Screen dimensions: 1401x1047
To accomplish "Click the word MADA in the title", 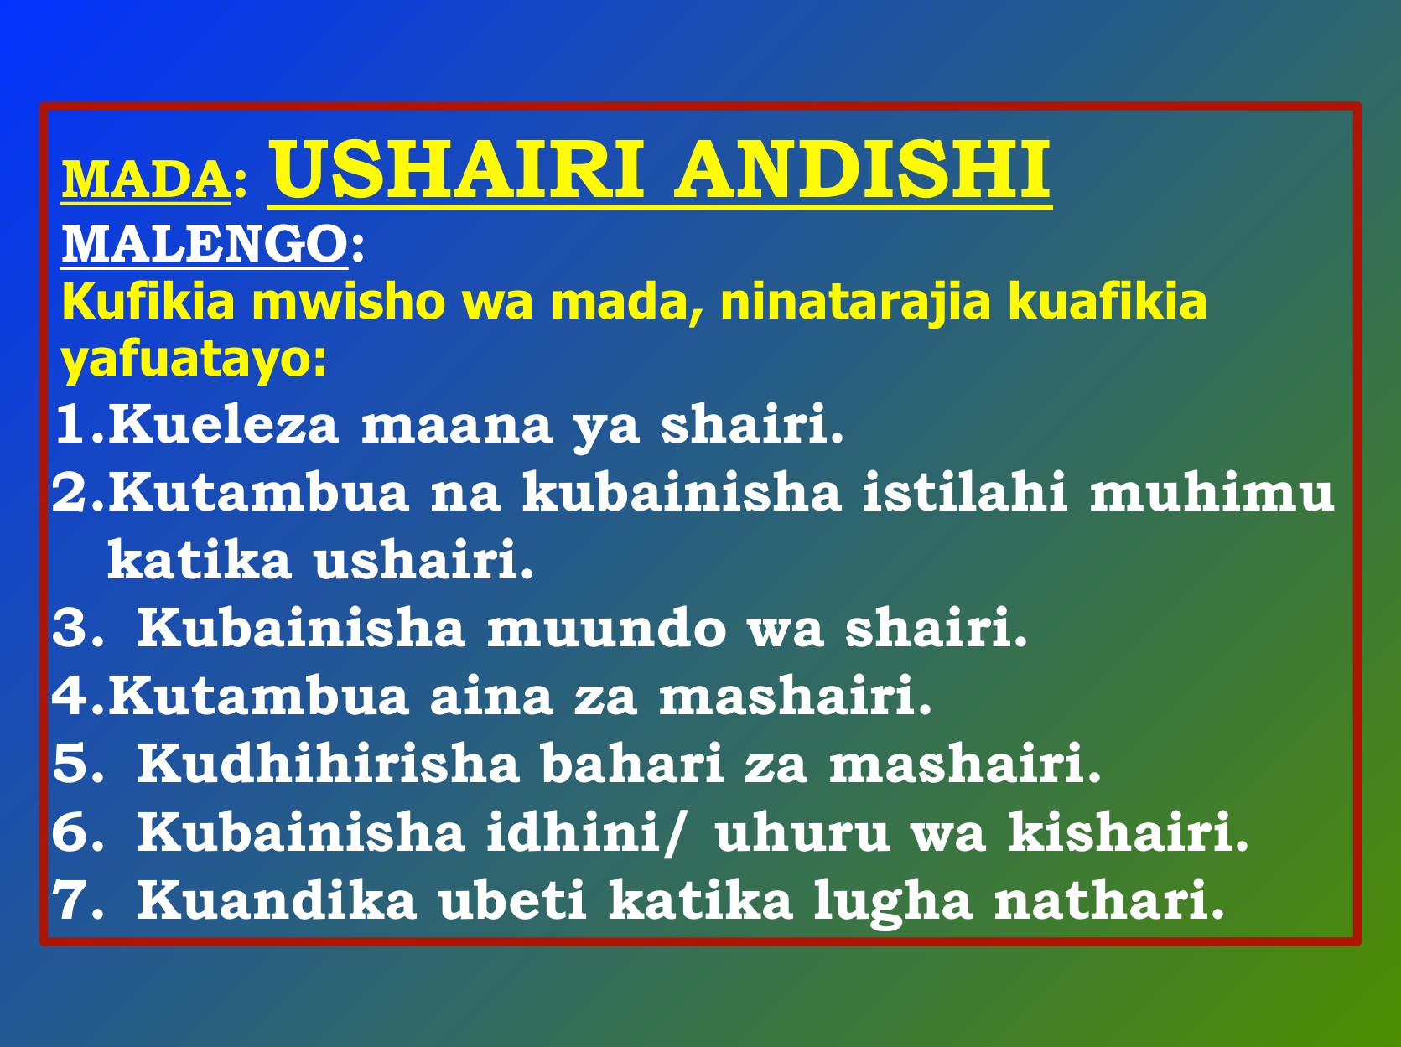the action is (146, 179).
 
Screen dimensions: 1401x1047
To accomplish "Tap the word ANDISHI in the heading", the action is (862, 169).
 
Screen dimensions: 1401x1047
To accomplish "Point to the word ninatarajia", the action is (855, 303).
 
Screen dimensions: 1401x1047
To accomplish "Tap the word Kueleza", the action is (223, 423).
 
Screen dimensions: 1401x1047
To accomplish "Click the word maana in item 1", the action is (456, 427).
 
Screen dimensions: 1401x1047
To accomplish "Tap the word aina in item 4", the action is (490, 696).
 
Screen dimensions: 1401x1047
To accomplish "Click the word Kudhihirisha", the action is (328, 764).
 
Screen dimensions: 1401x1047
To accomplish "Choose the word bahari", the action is (632, 764).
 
